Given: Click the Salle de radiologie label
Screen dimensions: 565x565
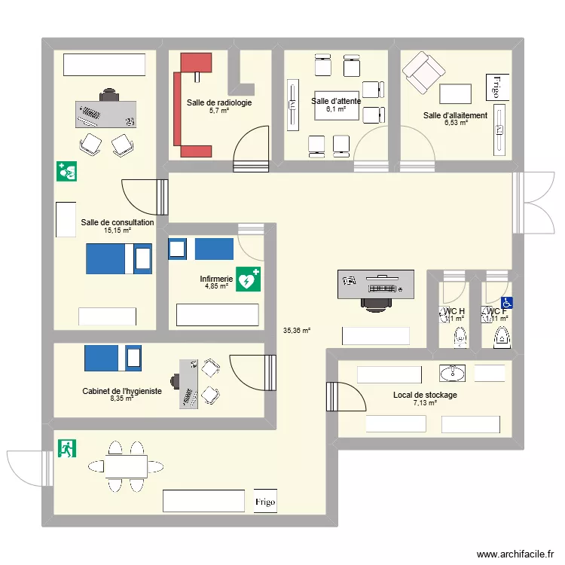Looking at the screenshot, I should tap(219, 102).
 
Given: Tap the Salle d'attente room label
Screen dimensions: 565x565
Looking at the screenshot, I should tap(336, 101).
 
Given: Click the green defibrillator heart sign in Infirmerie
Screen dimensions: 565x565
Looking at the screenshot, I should tap(248, 279).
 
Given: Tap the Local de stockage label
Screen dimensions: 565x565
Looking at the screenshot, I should tap(425, 395).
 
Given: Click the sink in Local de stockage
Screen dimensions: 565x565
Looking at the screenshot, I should tap(453, 372).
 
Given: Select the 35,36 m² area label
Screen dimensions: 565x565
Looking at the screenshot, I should tap(297, 330).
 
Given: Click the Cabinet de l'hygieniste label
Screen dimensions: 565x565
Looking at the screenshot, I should tap(122, 392).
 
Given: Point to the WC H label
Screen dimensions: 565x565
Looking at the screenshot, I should tap(454, 311).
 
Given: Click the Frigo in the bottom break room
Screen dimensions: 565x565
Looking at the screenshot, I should tap(265, 501).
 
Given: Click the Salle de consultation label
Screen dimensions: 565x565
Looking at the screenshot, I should tap(118, 222).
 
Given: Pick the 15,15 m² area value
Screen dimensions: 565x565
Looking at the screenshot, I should tap(118, 231).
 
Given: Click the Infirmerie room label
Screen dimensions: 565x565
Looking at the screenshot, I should tap(215, 278).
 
